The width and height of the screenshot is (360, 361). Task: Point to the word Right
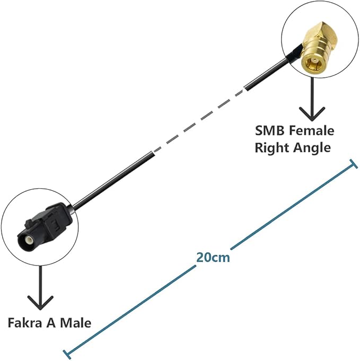pos(271,147)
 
